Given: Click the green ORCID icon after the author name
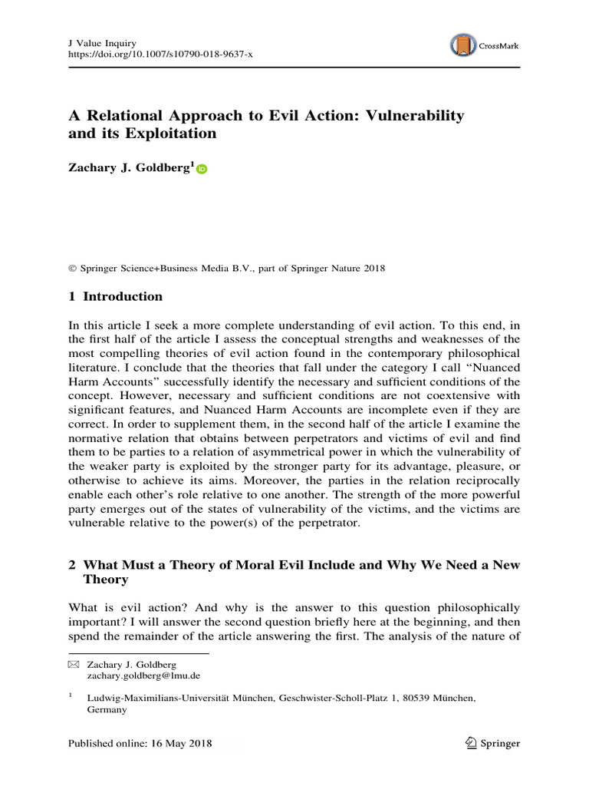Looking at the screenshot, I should coord(202,170).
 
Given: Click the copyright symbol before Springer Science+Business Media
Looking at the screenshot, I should coord(72,269).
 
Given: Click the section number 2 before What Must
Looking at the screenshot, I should coord(72,565).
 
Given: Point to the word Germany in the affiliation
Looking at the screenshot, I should coord(109,711).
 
